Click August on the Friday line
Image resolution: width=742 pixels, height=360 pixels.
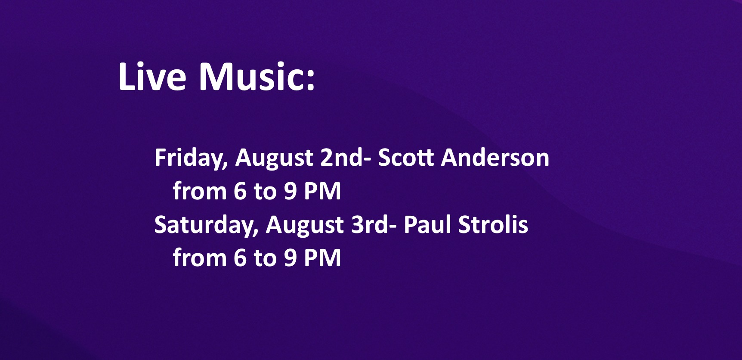pyautogui.click(x=274, y=158)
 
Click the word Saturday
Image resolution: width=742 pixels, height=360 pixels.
pyautogui.click(x=206, y=225)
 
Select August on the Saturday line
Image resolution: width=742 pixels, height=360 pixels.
pyautogui.click(x=305, y=225)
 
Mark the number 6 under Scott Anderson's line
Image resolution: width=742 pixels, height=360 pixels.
pyautogui.click(x=240, y=191)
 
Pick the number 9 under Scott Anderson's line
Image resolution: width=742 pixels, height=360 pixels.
pyautogui.click(x=291, y=191)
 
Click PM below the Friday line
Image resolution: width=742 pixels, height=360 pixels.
pyautogui.click(x=322, y=191)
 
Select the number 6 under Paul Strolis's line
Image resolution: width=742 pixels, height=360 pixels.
pyautogui.click(x=240, y=258)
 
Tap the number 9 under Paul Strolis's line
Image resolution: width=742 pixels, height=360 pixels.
pyautogui.click(x=291, y=258)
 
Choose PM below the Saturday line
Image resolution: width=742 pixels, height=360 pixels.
pyautogui.click(x=322, y=258)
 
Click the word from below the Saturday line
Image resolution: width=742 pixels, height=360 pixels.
pyautogui.click(x=200, y=258)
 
